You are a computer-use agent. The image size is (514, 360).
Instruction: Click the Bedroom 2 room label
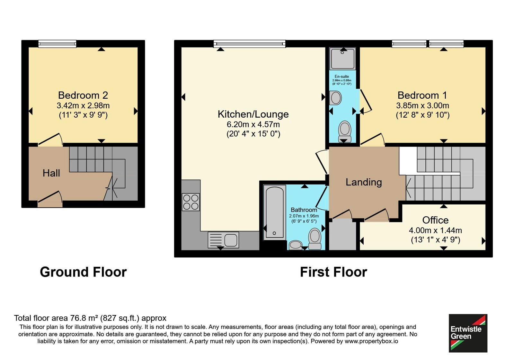point(83,95)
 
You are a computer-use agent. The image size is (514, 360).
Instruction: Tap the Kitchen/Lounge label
point(253,114)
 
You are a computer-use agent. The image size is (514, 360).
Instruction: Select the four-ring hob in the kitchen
point(191,202)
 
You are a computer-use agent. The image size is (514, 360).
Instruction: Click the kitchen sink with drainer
point(223,240)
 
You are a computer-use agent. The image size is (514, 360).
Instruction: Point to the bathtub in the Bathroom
point(275,212)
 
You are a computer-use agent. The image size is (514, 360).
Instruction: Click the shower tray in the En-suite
point(342,59)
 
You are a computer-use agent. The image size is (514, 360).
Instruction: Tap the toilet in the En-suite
point(345,131)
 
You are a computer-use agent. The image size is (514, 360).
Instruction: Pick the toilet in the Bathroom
point(315,239)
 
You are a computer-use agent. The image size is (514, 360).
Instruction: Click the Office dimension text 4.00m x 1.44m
point(435,230)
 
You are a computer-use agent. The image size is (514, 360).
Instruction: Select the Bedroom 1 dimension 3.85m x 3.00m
point(422,105)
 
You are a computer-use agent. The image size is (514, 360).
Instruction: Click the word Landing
point(364,182)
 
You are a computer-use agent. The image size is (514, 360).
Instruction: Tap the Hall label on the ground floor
point(51,173)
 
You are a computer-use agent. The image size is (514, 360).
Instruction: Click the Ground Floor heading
point(83,272)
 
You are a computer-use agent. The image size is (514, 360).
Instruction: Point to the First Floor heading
point(333,272)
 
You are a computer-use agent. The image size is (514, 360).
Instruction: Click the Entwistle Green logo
point(468,333)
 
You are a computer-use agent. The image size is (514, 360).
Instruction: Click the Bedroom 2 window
point(57,44)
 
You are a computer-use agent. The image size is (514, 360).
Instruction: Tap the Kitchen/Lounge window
point(249,44)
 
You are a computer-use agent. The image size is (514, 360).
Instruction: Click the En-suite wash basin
point(335,98)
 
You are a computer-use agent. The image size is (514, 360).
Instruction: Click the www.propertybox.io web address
point(371,341)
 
